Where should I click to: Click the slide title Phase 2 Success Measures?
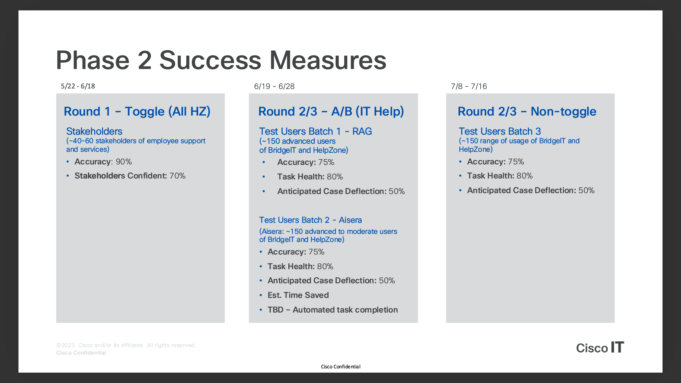[221, 60]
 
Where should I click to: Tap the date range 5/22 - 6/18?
[78, 86]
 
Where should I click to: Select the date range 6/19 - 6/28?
[274, 86]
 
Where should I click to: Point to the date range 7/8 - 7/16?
[469, 86]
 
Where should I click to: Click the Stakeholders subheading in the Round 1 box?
[94, 131]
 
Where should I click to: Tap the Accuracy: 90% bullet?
[103, 162]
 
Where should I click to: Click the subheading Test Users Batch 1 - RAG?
[315, 131]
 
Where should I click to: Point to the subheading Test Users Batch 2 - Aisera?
[310, 220]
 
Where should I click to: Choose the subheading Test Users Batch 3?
[500, 131]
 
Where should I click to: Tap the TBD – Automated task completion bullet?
[333, 310]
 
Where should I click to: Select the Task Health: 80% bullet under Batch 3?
[500, 176]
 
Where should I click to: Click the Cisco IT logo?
[600, 347]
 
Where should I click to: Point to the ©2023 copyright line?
[126, 345]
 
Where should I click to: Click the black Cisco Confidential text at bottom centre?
[340, 367]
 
